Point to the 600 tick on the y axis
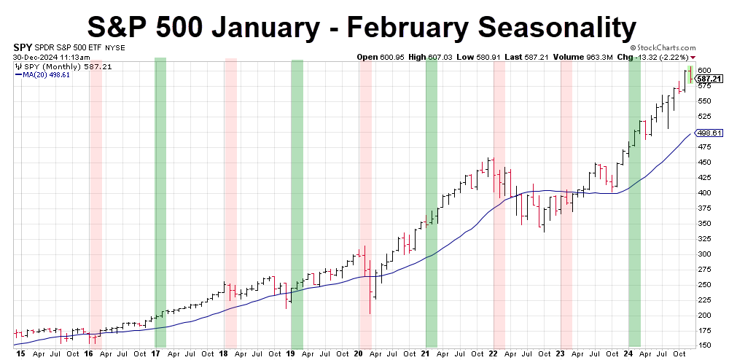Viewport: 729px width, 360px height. [703, 70]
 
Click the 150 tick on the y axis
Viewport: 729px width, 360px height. [703, 345]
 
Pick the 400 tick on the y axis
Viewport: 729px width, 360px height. [703, 192]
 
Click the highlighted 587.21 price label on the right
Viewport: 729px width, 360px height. [709, 79]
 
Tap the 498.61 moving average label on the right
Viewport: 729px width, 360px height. [709, 133]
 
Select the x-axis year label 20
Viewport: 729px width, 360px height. [358, 353]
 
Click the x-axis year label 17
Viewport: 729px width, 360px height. [155, 353]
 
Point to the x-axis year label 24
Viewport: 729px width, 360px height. [628, 353]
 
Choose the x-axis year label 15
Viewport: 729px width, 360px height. [20, 353]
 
